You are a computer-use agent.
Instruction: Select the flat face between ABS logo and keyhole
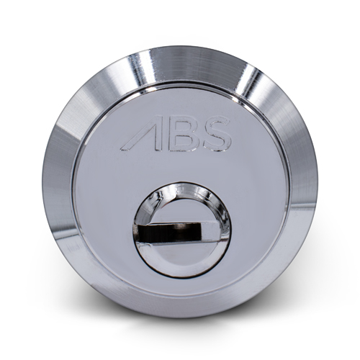click(180, 169)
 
